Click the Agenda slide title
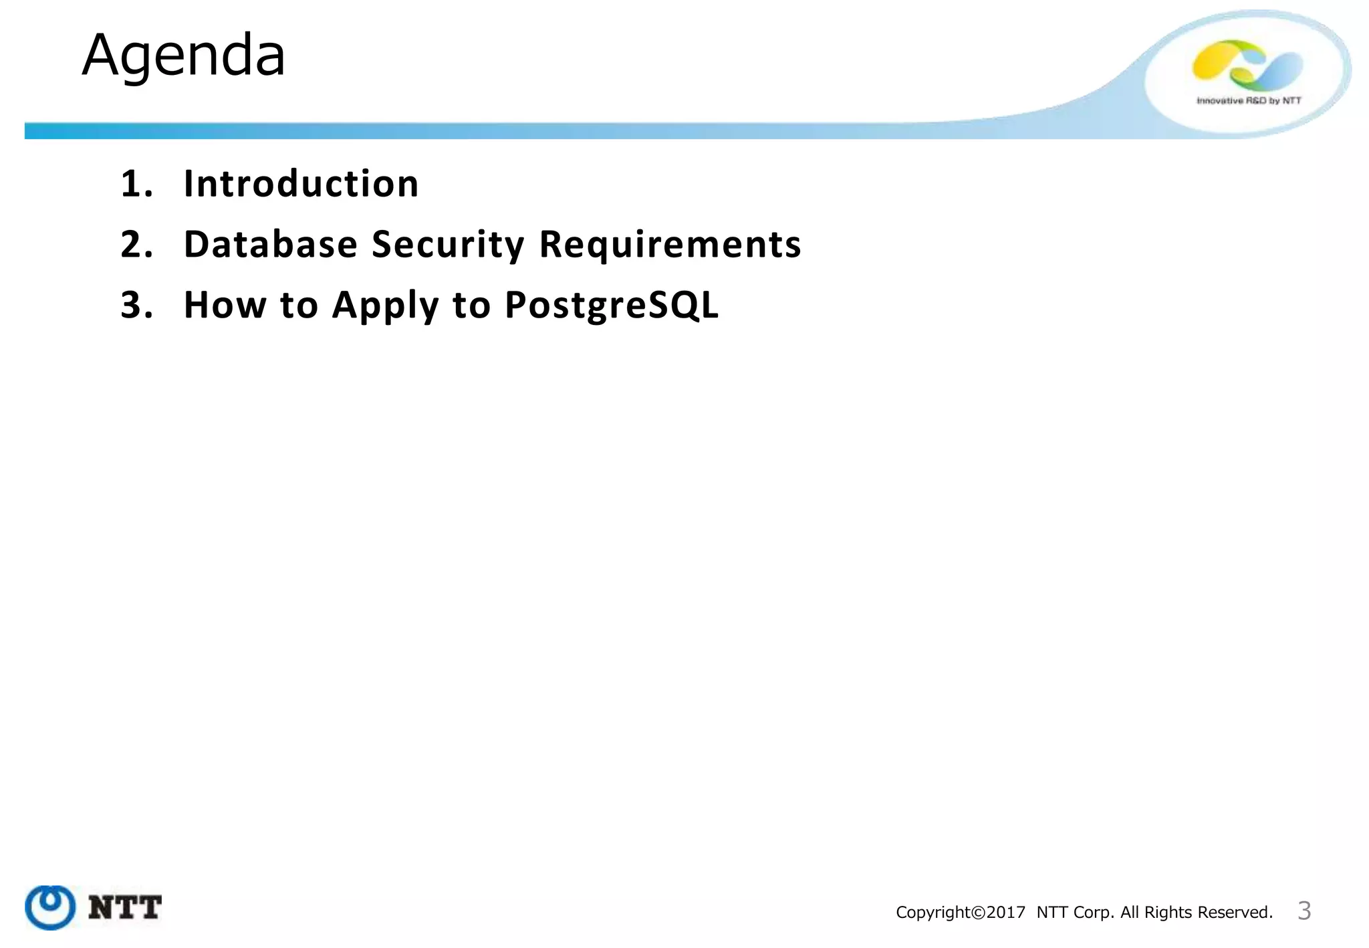tap(184, 55)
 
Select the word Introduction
tap(301, 184)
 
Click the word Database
tap(271, 244)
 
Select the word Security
tap(448, 244)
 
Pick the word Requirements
tap(670, 244)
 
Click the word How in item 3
tap(225, 305)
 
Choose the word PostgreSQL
tap(611, 305)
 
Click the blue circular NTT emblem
tap(50, 907)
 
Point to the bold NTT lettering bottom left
tap(125, 908)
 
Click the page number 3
tap(1303, 911)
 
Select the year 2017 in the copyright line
tap(1006, 913)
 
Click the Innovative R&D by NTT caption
tap(1249, 101)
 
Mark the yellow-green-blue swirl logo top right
tap(1247, 66)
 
